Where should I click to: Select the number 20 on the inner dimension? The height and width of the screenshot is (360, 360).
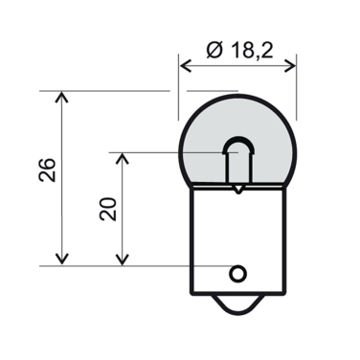(x=106, y=208)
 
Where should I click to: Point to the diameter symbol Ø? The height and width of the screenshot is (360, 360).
(x=214, y=49)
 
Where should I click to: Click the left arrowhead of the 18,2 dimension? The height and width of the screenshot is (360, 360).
(x=186, y=67)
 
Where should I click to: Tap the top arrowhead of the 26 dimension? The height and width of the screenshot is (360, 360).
(x=63, y=98)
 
